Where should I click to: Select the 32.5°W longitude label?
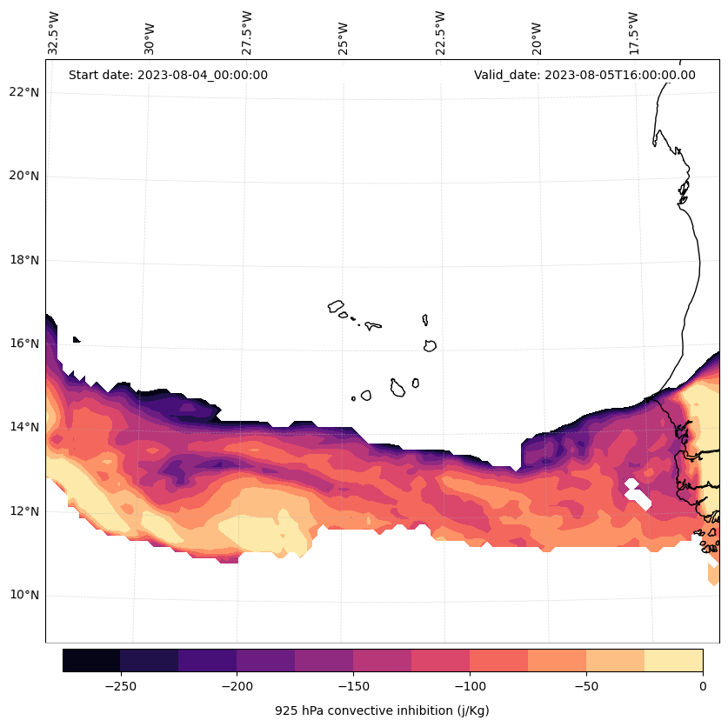click(54, 33)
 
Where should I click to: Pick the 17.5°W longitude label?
click(634, 33)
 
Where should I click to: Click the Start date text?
click(168, 75)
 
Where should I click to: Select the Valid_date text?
click(584, 75)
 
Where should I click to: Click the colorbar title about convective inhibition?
click(382, 710)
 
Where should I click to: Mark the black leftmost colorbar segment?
click(91, 660)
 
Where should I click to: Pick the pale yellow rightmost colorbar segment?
click(673, 660)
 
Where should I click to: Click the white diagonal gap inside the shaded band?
click(638, 495)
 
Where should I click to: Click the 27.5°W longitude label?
click(247, 33)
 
